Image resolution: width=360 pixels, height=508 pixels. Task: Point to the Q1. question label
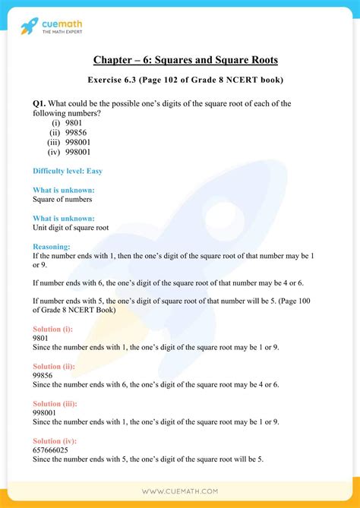point(40,103)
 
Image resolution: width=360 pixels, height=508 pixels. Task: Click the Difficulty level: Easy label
point(67,170)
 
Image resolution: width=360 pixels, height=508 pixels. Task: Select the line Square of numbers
point(62,199)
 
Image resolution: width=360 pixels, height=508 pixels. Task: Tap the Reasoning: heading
point(52,246)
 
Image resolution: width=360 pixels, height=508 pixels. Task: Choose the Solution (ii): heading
point(55,365)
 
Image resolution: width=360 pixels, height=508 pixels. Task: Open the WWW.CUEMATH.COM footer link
point(179,492)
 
